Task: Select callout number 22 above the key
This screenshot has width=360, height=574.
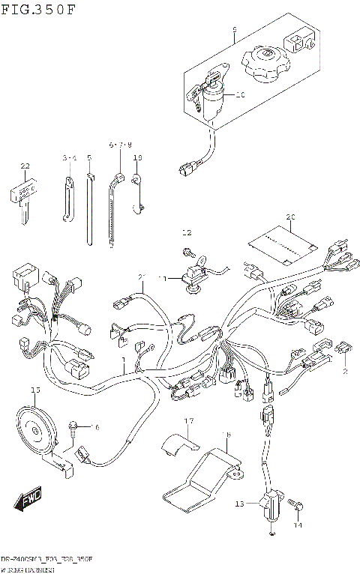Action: [25, 166]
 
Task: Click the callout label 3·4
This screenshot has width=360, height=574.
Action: [70, 157]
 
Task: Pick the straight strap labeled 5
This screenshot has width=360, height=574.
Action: [89, 210]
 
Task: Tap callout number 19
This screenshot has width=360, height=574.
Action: [137, 157]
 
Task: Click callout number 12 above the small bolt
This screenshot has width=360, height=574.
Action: [187, 232]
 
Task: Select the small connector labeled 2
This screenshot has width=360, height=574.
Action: [343, 348]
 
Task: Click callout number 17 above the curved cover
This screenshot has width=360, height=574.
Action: [190, 420]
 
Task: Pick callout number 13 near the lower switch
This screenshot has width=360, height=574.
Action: [239, 504]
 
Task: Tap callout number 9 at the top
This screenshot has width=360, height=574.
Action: [234, 29]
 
